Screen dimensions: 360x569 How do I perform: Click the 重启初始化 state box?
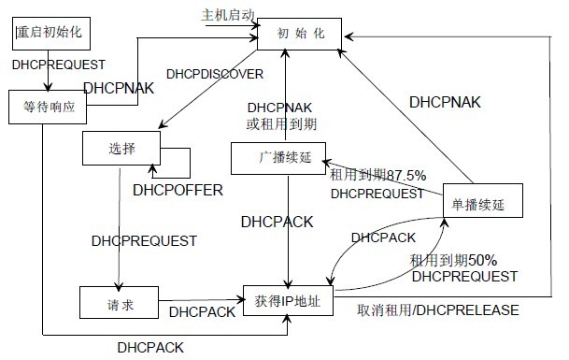tap(50, 32)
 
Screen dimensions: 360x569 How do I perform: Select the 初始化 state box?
tap(300, 35)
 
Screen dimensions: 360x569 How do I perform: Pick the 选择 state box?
tap(121, 147)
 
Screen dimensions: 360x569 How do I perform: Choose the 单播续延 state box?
tap(477, 203)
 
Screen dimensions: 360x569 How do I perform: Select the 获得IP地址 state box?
tap(288, 300)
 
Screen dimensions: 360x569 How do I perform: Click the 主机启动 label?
tap(227, 16)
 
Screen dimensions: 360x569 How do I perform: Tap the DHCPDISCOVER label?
tap(215, 73)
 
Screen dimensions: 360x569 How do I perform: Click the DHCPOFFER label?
tap(178, 191)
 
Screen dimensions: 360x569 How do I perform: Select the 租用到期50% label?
tap(453, 260)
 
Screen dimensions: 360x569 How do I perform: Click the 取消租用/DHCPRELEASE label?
tap(438, 310)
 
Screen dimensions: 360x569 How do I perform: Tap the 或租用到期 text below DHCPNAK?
tap(280, 122)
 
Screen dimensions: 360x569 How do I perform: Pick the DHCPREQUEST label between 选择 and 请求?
tap(144, 241)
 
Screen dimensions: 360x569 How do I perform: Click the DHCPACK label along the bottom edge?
tap(150, 347)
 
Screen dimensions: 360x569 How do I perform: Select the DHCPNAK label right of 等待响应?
tap(119, 89)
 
